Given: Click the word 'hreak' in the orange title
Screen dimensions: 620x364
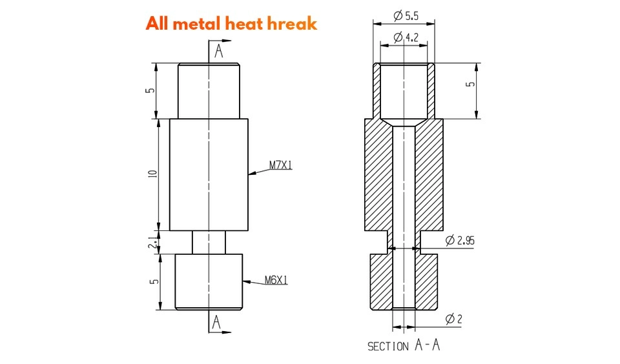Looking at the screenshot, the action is (292, 24).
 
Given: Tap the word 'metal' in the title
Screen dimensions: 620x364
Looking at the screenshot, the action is (201, 24).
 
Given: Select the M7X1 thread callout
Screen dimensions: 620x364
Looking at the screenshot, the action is (281, 165).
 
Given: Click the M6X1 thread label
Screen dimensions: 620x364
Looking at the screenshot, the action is (276, 280).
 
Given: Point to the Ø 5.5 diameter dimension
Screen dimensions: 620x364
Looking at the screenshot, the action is (406, 15).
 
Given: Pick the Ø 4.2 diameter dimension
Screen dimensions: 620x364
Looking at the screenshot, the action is (406, 37).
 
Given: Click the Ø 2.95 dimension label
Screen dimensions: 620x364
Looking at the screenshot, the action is (460, 240).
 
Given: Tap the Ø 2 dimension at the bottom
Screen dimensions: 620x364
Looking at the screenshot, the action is (453, 319).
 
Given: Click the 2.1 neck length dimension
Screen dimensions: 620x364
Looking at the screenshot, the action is (152, 242).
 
